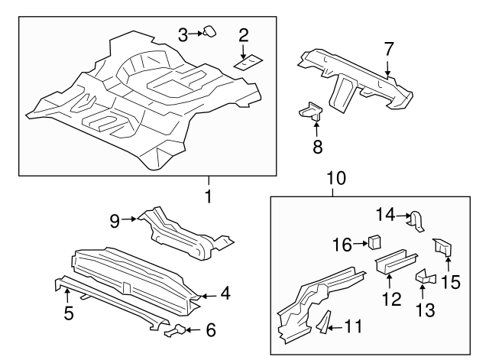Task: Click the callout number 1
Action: click(207, 196)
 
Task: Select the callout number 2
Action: click(244, 34)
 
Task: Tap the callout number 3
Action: click(183, 34)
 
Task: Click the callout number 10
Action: click(335, 179)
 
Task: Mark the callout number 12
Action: click(391, 300)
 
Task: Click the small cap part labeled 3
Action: click(209, 31)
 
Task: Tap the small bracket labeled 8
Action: click(310, 112)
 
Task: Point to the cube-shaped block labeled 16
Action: click(375, 243)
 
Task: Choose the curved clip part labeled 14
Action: click(416, 220)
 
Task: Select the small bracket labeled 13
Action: click(424, 278)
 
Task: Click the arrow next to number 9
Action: click(131, 219)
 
